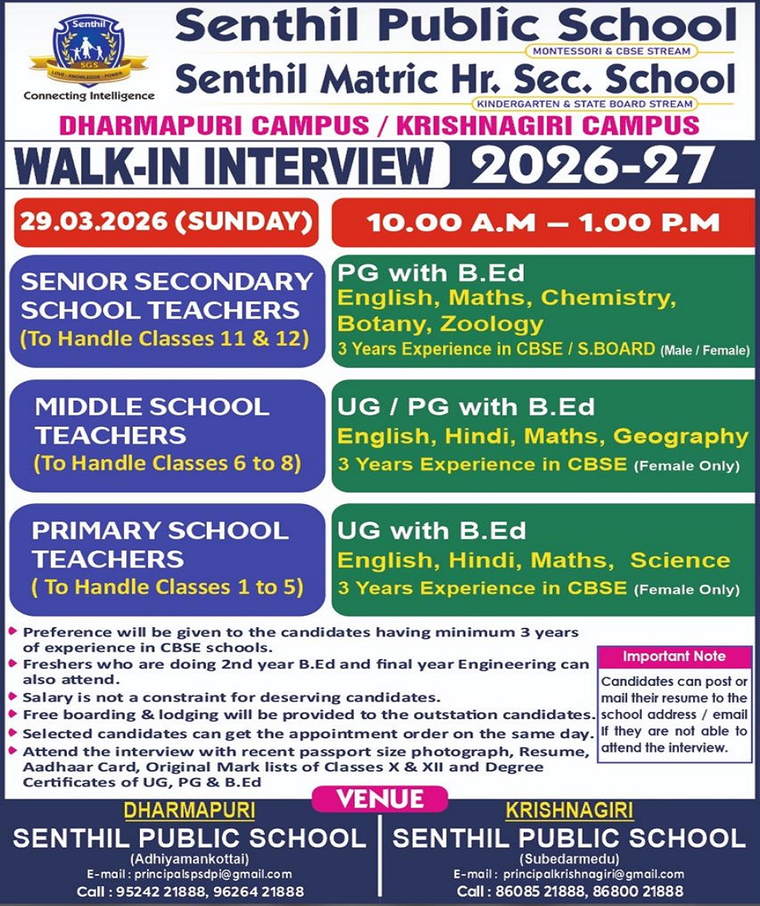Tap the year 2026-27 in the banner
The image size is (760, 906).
coord(592,165)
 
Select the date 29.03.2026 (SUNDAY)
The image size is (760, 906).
coord(165,221)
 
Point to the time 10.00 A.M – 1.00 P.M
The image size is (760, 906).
coord(543,223)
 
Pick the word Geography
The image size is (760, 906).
coord(681,436)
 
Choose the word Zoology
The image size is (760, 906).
coord(492,323)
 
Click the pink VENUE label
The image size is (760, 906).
coord(379,798)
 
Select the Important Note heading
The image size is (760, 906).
coord(674,656)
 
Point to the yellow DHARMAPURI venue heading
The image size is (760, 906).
coord(189,811)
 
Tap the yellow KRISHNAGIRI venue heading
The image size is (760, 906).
coord(569,811)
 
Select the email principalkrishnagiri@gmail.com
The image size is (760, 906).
coord(591,874)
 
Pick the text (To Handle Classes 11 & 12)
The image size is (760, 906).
coord(164,339)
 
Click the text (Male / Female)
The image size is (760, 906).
coord(704,350)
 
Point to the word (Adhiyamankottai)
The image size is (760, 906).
coord(189,859)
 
